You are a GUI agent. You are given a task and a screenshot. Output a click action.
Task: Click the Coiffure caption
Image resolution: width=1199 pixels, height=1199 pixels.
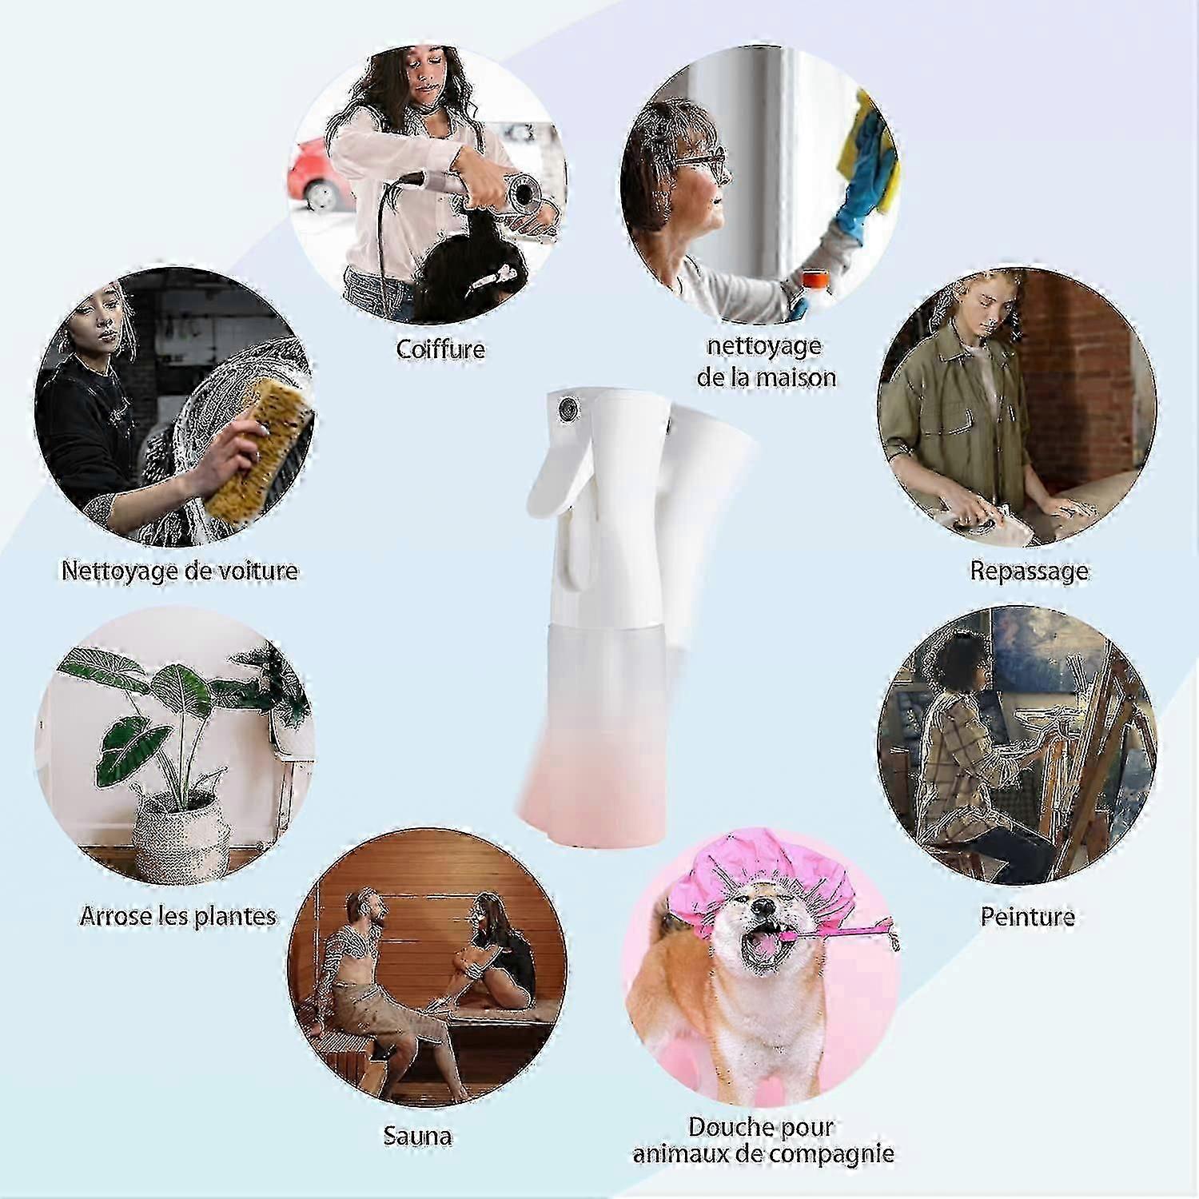(440, 349)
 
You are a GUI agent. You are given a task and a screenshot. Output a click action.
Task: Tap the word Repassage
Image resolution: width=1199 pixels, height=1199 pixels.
(1029, 571)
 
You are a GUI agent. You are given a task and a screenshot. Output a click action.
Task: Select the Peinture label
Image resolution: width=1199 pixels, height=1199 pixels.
(1027, 916)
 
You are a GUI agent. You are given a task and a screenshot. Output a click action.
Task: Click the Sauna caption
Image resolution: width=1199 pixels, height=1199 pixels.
(417, 1136)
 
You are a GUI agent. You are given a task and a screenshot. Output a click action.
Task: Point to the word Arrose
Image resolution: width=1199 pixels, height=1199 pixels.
(117, 916)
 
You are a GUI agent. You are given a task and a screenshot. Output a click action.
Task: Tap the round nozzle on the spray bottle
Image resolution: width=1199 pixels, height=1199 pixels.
(568, 408)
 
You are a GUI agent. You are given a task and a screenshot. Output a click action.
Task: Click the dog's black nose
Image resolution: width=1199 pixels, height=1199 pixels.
(764, 906)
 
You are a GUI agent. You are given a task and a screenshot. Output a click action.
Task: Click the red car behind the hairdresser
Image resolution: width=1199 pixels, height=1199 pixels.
(316, 176)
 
